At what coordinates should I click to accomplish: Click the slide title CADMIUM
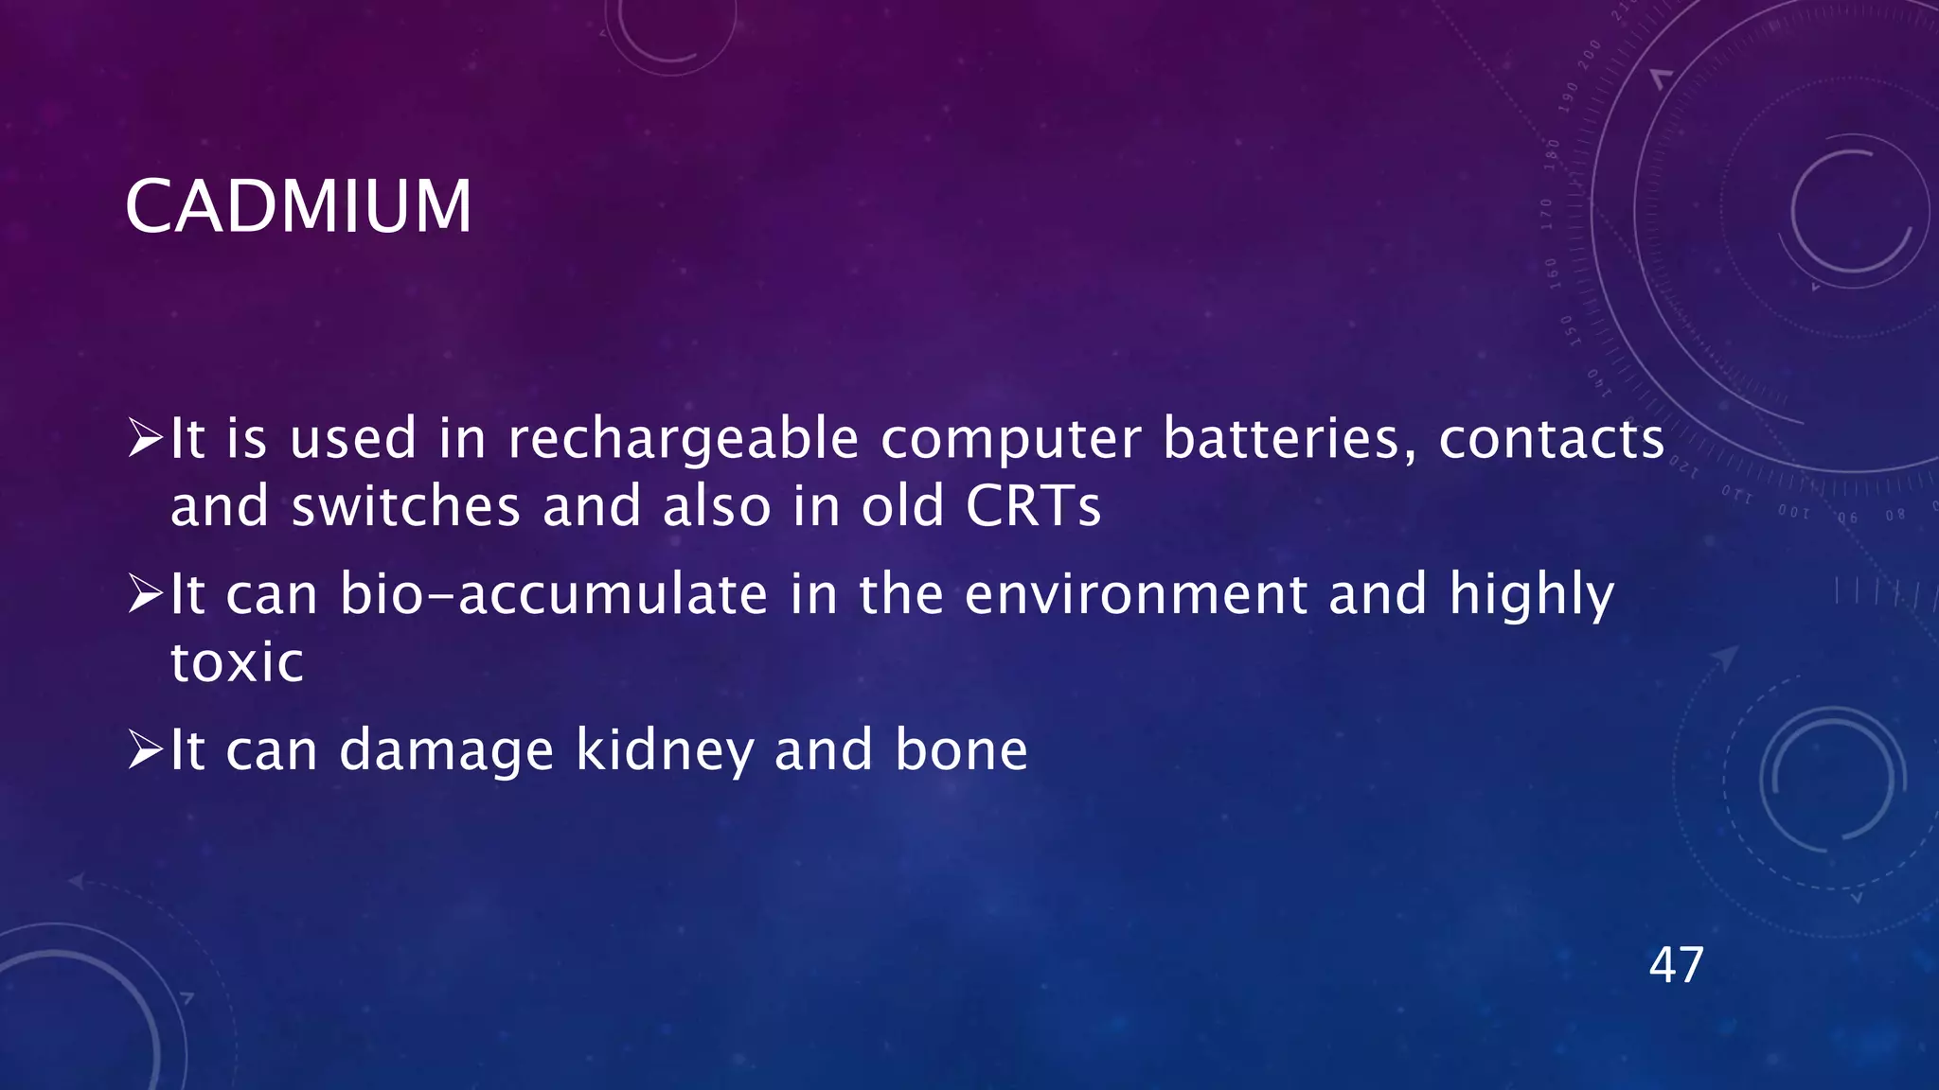pos(298,206)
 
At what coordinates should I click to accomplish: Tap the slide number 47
pos(1676,965)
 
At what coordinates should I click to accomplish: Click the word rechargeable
pos(683,440)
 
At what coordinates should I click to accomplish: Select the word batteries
pos(1290,440)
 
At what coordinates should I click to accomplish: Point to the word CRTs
pos(1033,506)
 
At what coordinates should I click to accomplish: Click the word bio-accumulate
pos(553,594)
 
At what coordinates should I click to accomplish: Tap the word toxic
pos(237,661)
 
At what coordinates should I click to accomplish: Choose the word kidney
pos(664,750)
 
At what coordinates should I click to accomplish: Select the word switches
pos(405,506)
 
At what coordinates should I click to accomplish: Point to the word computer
pos(1010,440)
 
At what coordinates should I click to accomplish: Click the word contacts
pos(1551,440)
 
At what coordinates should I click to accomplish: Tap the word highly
pos(1531,596)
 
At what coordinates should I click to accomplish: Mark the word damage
pos(446,752)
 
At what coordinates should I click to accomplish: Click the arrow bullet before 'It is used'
pos(146,439)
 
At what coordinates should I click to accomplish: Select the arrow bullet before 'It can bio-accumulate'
pos(146,594)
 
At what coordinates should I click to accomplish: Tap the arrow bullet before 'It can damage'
pos(146,750)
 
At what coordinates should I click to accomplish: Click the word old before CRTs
pos(902,506)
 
